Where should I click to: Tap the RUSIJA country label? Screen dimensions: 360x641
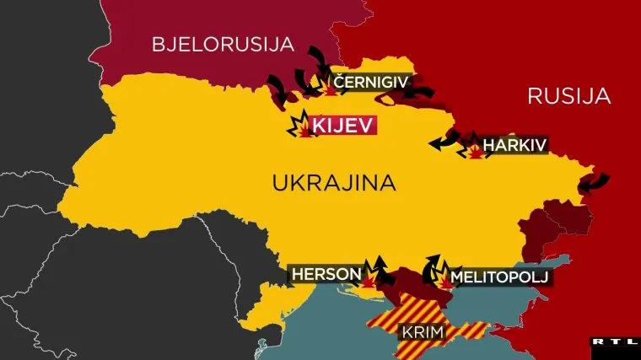(568, 95)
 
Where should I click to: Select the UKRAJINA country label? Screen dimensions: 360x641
(334, 182)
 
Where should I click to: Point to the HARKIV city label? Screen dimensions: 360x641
(515, 145)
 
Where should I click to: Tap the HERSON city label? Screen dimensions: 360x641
(326, 274)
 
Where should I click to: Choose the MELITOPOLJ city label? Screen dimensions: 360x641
(499, 276)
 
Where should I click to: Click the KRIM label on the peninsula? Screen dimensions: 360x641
(423, 332)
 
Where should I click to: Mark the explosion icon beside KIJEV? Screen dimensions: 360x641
(300, 127)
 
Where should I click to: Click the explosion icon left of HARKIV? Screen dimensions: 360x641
(475, 151)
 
